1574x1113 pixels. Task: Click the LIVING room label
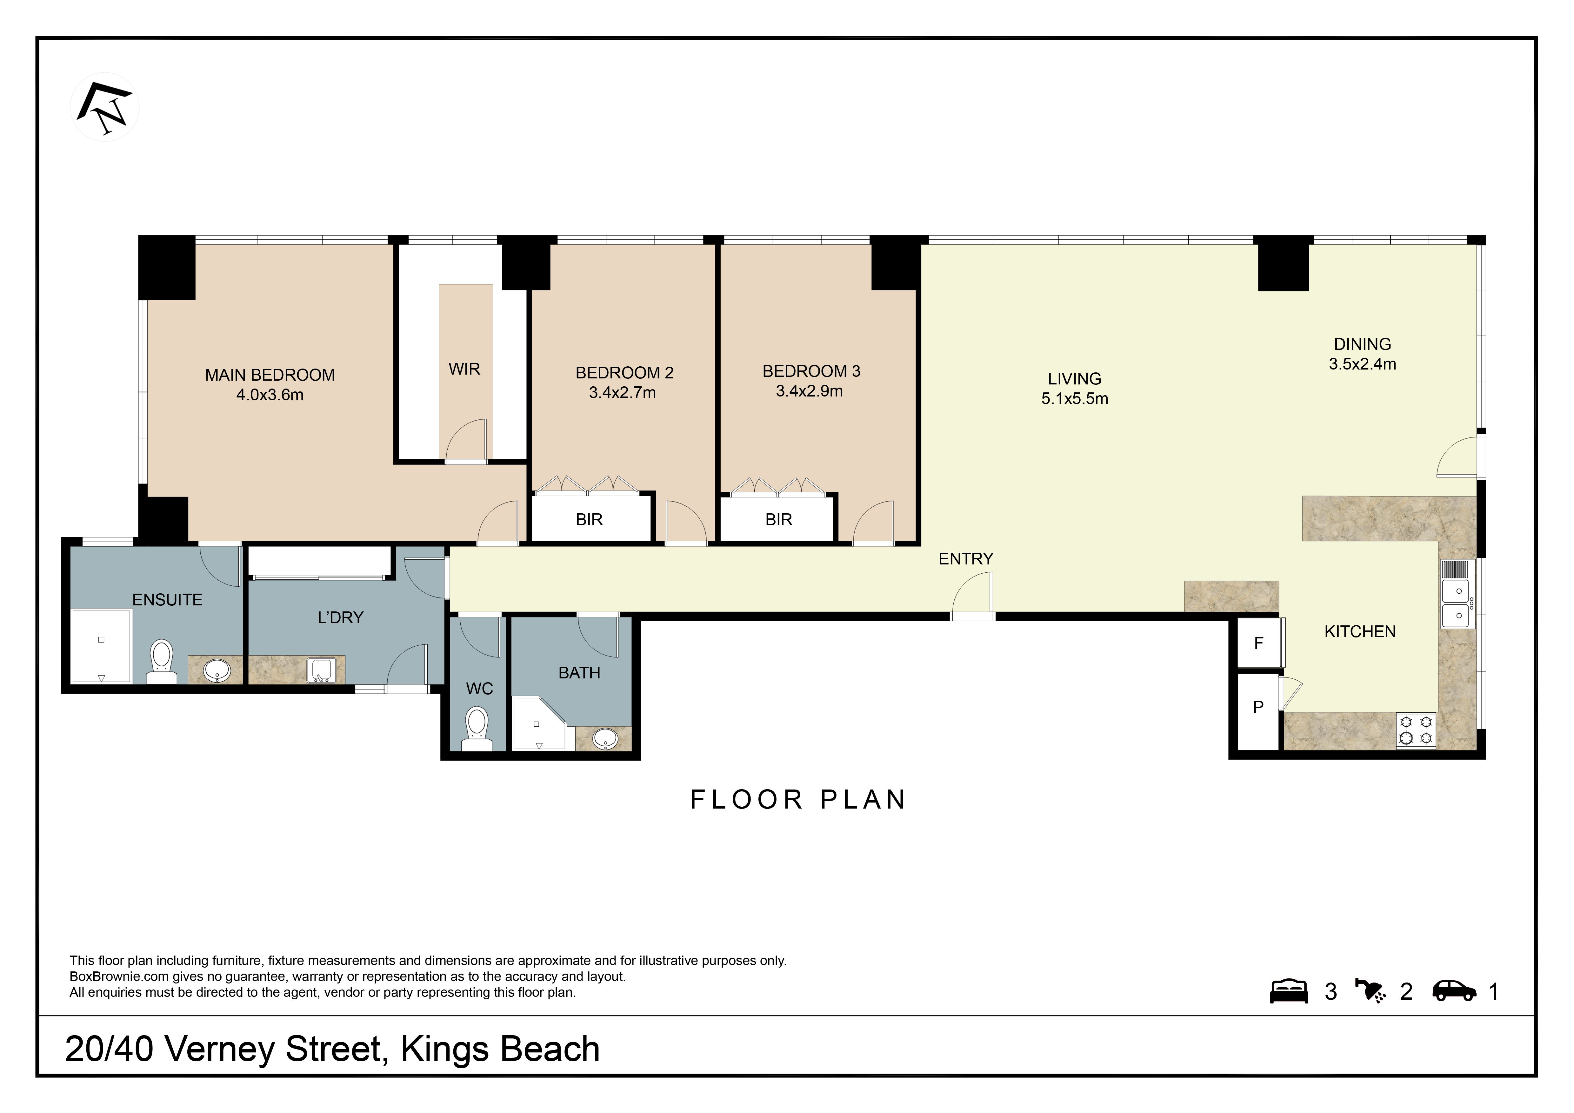(x=1074, y=379)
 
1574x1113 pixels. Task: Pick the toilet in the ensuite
(x=162, y=660)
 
